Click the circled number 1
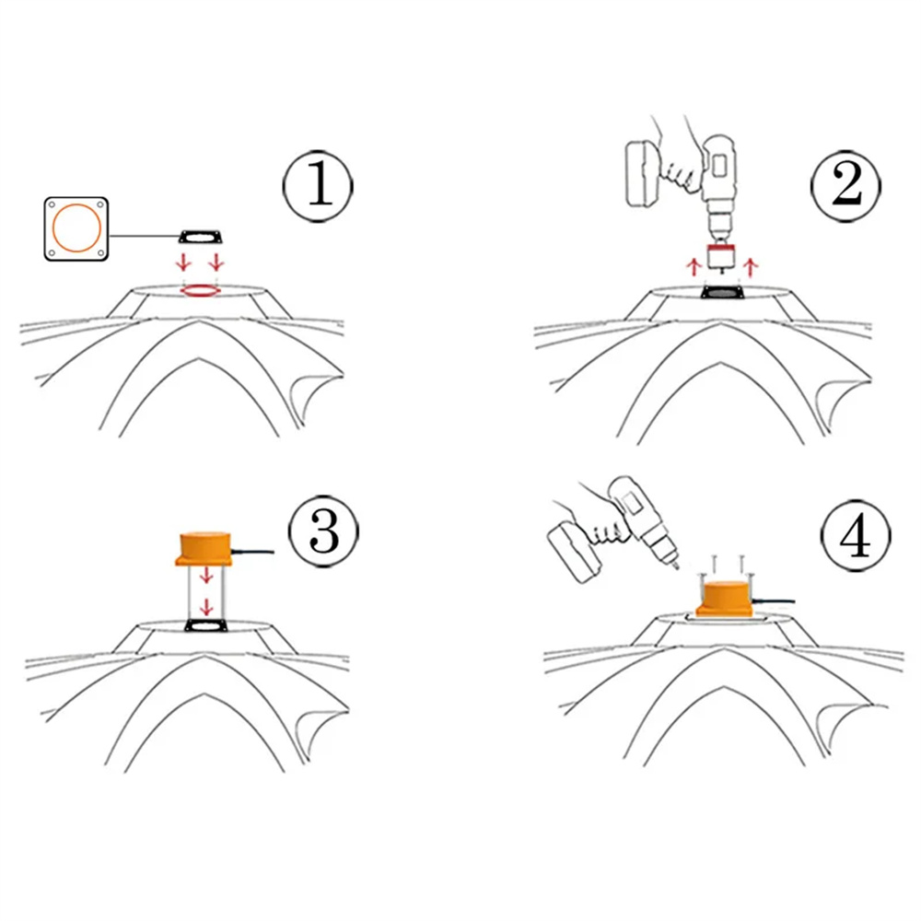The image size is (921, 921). click(318, 186)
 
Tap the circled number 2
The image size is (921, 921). click(845, 186)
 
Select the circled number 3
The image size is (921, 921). click(323, 531)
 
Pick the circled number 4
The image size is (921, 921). click(856, 536)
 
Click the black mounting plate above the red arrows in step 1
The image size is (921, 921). click(201, 237)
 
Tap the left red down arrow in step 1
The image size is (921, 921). click(184, 262)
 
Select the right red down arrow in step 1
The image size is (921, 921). click(216, 262)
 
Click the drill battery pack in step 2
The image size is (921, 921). click(644, 173)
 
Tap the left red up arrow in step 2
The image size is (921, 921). click(694, 267)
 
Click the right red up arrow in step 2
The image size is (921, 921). click(750, 267)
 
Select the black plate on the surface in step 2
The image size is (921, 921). click(722, 292)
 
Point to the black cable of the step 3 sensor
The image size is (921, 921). click(252, 552)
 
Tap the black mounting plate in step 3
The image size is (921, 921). click(204, 625)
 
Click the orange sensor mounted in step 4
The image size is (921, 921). click(724, 599)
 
